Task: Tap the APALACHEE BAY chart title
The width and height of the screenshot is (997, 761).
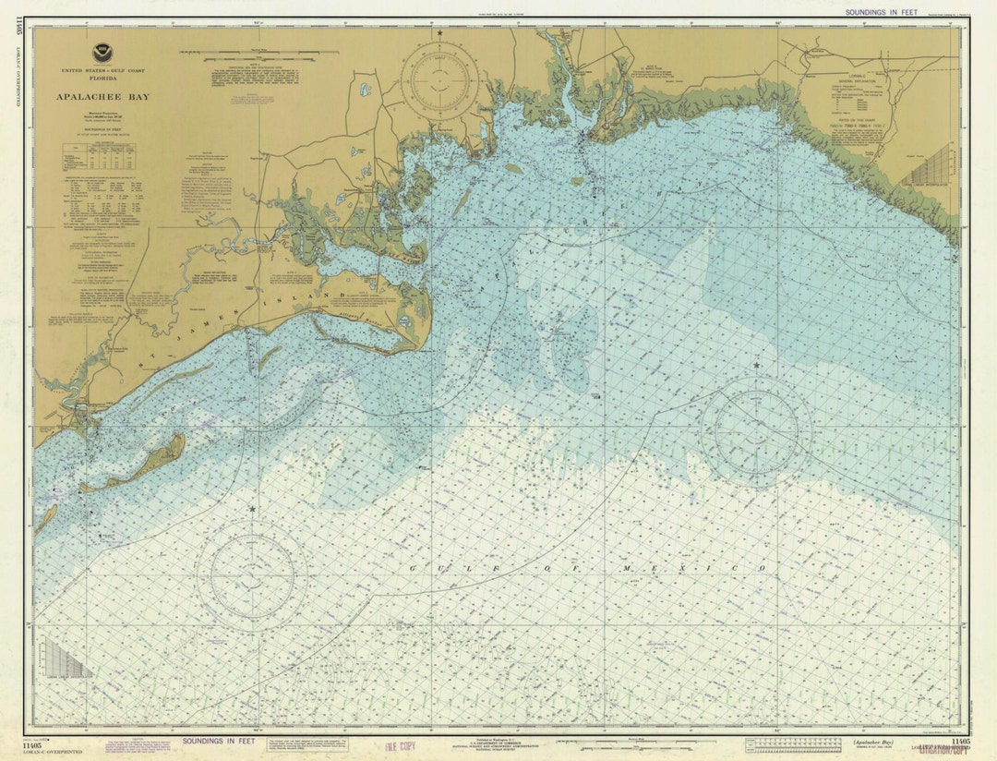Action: [x=102, y=96]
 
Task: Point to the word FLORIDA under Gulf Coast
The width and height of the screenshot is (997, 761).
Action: [x=102, y=80]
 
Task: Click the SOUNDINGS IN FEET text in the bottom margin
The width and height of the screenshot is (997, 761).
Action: [x=218, y=741]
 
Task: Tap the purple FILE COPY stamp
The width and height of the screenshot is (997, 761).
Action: [x=394, y=745]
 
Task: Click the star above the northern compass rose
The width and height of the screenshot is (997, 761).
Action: [x=439, y=33]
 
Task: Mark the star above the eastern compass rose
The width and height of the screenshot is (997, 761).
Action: [x=756, y=366]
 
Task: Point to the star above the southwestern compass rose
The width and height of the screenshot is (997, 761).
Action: [x=251, y=509]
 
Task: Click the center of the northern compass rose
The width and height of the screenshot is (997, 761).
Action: [x=439, y=81]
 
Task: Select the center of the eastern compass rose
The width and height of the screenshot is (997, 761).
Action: [x=756, y=430]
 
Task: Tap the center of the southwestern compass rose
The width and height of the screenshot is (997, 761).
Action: [x=251, y=574]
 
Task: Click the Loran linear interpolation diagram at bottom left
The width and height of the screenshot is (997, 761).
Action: [x=66, y=659]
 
